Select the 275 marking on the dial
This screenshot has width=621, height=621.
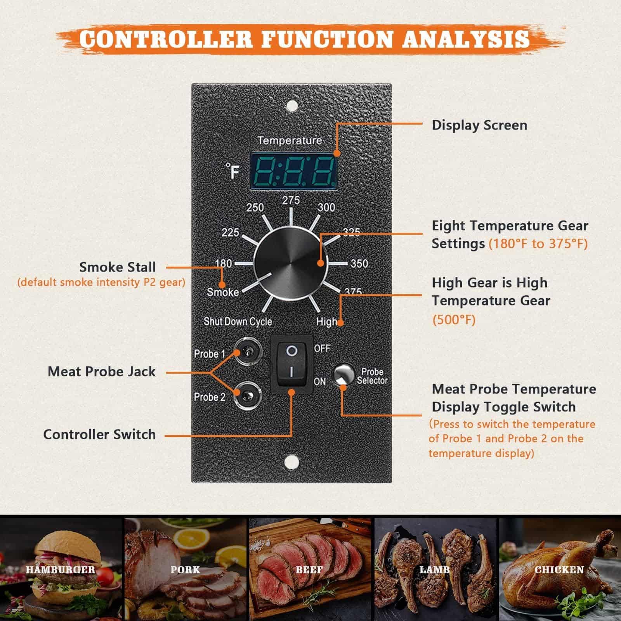[291, 200]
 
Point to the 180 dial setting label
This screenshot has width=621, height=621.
[223, 264]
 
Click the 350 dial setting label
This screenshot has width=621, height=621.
[359, 264]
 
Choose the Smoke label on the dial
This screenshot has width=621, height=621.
[223, 292]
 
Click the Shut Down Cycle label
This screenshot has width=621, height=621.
[238, 321]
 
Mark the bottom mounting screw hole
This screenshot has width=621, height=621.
[291, 461]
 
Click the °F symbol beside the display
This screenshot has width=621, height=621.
[232, 171]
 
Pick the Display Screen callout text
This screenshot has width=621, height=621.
[479, 125]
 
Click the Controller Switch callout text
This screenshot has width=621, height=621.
[99, 434]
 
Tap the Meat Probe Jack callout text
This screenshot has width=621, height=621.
[101, 371]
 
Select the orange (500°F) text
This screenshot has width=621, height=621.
[454, 320]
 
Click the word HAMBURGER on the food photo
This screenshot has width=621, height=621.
[60, 570]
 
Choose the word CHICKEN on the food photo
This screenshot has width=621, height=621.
[559, 570]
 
